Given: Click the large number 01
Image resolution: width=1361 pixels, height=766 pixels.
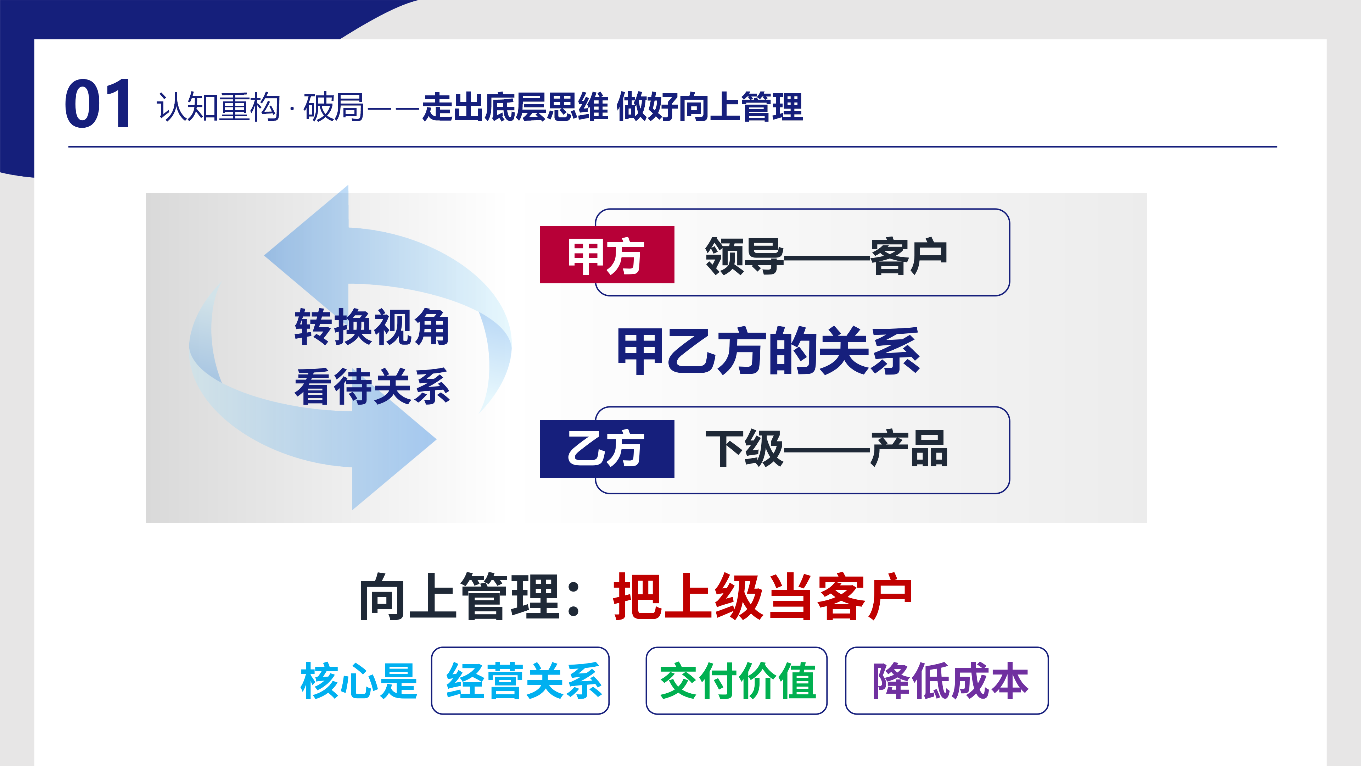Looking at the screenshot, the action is (x=98, y=103).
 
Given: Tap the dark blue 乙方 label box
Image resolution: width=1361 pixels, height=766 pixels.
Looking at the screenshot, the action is (x=607, y=449).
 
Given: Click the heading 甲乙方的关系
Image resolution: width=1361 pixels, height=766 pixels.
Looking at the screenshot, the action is (x=769, y=351).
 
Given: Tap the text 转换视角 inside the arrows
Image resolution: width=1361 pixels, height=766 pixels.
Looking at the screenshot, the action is (x=372, y=327).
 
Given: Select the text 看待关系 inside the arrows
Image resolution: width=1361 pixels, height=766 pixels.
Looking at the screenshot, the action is (x=372, y=387).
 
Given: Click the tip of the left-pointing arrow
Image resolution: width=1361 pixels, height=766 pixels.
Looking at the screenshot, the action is (x=265, y=256).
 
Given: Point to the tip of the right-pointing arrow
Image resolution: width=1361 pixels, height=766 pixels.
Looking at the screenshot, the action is (x=436, y=439).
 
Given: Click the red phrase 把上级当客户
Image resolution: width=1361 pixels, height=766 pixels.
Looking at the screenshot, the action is (x=762, y=597).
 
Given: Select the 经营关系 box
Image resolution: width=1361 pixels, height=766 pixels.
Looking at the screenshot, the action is (x=520, y=681).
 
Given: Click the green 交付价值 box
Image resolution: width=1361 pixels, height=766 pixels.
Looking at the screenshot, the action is (x=736, y=681).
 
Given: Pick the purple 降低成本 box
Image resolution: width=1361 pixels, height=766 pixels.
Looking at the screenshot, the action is (x=947, y=681).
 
